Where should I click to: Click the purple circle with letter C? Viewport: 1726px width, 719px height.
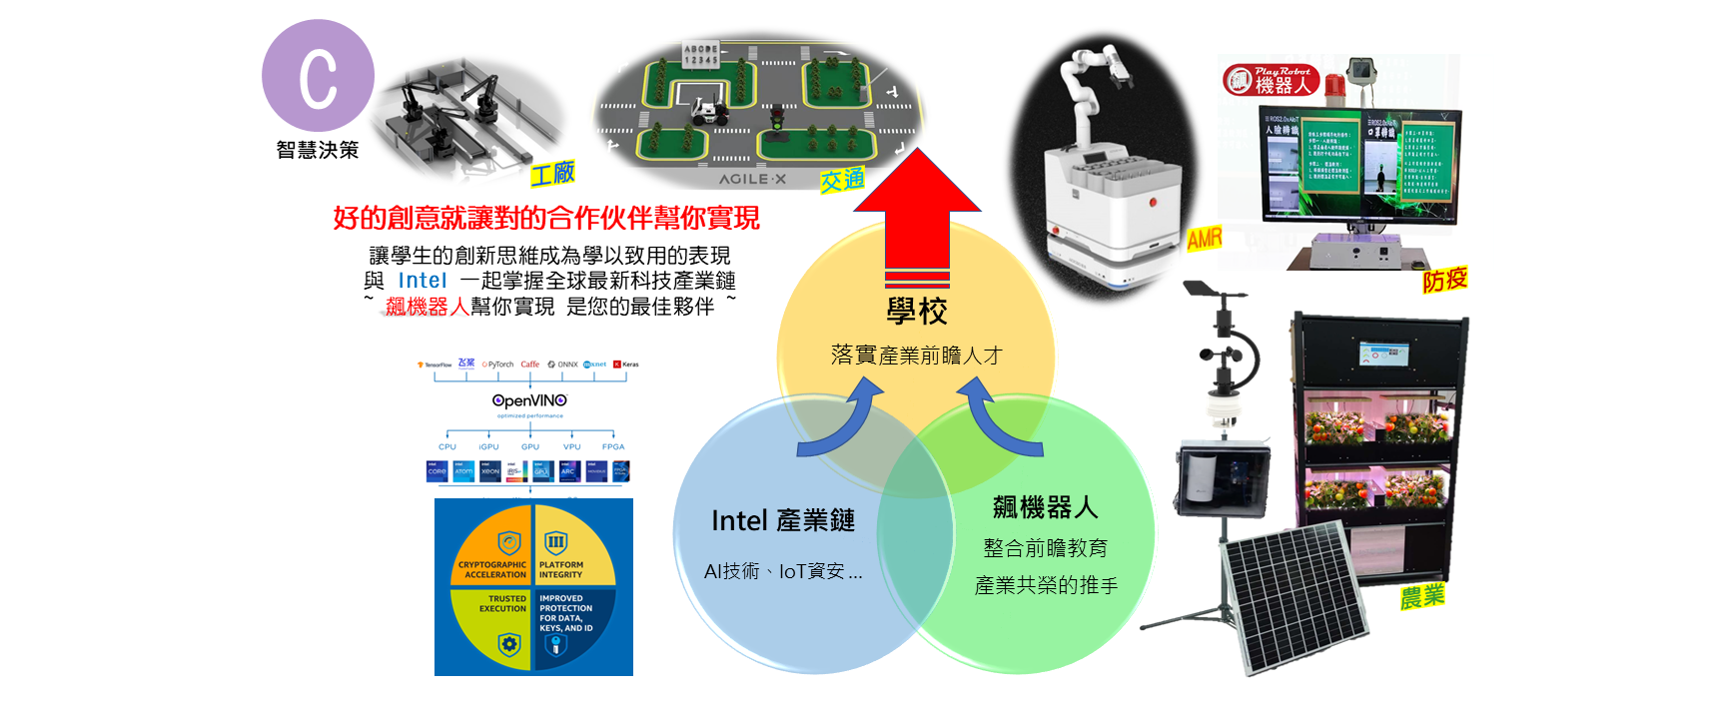[x=318, y=76]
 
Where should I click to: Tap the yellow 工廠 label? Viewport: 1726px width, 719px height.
[x=552, y=174]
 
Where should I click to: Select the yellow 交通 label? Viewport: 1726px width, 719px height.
[x=841, y=181]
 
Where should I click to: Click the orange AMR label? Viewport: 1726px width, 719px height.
[x=1205, y=238]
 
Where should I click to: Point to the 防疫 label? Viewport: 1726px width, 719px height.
[x=1444, y=280]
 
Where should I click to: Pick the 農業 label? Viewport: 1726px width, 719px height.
[x=1421, y=597]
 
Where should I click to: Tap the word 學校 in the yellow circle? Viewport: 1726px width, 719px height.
[x=916, y=312]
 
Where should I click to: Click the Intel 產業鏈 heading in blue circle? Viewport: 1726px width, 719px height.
[x=782, y=520]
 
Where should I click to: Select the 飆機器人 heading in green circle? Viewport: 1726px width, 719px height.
[x=1045, y=507]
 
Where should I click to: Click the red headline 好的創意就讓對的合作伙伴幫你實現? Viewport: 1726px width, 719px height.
[x=545, y=218]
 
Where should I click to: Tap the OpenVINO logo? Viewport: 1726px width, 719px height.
[x=529, y=400]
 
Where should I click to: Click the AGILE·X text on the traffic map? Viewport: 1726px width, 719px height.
[x=752, y=180]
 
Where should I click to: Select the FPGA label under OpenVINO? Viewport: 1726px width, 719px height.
[x=613, y=446]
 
